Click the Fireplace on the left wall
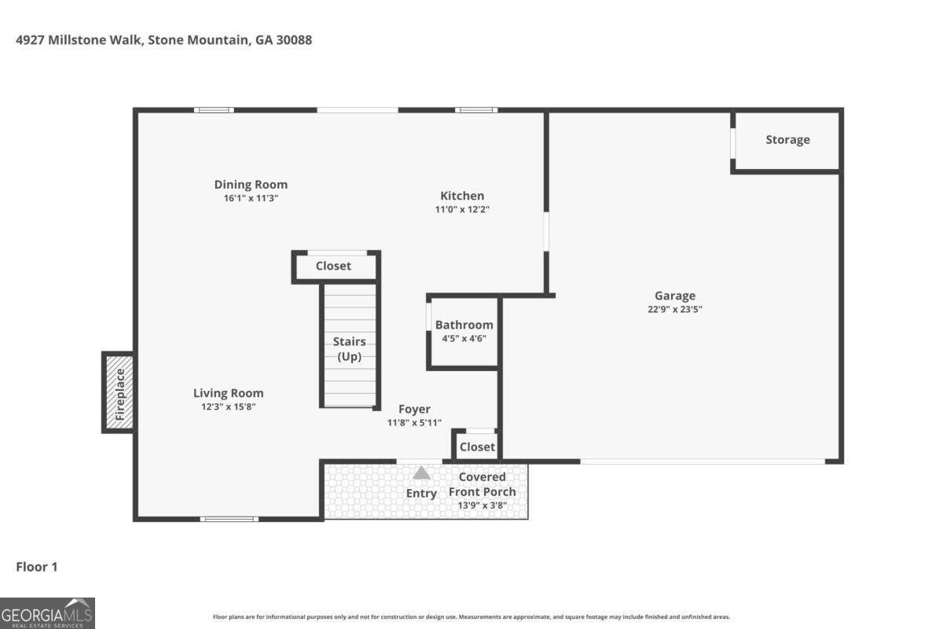coord(118,392)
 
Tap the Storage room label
coord(787,140)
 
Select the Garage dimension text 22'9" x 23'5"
coord(675,310)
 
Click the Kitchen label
coord(462,196)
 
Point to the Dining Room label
coord(251,185)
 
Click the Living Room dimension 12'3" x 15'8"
coord(229,407)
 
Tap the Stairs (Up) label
coord(349,349)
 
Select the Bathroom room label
coord(464,325)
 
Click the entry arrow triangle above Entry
coord(422,473)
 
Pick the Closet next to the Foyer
coord(477,447)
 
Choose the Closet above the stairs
coord(334,266)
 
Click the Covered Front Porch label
coord(483,484)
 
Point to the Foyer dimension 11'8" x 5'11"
coord(414,422)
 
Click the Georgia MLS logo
coord(47,612)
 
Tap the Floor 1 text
coord(37,566)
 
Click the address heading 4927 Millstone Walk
coord(163,39)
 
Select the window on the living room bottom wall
coord(229,519)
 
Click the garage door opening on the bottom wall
coord(703,462)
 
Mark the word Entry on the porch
coord(421,494)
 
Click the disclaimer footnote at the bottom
coord(472,617)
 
